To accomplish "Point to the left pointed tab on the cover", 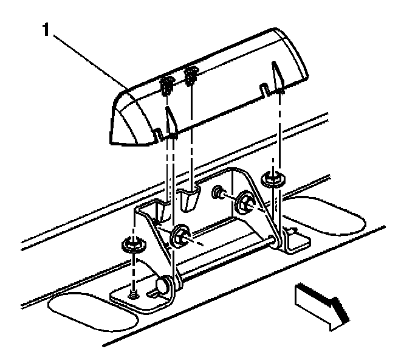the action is coord(170,119).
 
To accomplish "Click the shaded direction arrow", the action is coord(320,304).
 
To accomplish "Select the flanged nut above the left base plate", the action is coord(130,245).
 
